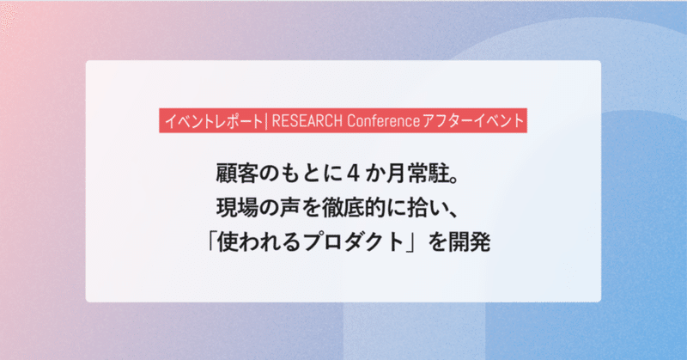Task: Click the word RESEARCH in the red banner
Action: click(x=307, y=120)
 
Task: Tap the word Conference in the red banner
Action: click(x=383, y=120)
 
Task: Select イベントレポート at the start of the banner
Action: click(x=213, y=120)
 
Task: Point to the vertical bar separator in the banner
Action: click(x=266, y=120)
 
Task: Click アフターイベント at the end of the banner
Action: click(x=473, y=120)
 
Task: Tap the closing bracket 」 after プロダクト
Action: click(x=411, y=243)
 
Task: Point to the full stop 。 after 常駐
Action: click(x=455, y=180)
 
